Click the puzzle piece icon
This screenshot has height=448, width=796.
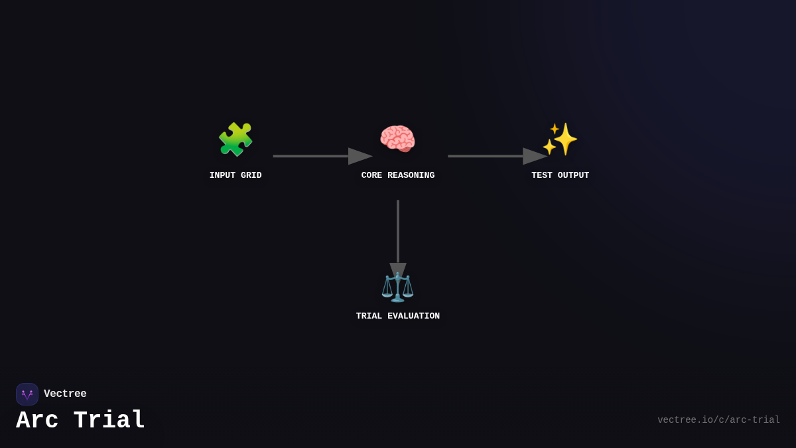coord(235,139)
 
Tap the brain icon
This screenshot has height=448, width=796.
coord(397,139)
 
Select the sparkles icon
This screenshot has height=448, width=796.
coord(560,139)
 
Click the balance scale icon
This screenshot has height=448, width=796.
coord(397,287)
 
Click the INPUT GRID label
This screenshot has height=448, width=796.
coord(235,176)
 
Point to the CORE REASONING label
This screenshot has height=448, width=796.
coord(398,176)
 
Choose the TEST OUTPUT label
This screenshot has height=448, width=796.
coord(560,176)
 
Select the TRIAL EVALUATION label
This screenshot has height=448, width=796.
coord(398,317)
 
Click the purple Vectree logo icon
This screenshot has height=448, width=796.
coord(27,394)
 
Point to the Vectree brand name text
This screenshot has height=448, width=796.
coord(65,394)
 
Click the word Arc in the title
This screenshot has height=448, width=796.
coord(37,421)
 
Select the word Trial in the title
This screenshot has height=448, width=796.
coord(109,421)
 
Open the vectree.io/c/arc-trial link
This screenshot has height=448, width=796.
coord(718,420)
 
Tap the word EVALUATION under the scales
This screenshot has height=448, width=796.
coord(413,317)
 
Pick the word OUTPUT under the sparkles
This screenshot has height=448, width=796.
coord(573,176)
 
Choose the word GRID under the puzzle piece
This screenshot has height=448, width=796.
coord(251,176)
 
